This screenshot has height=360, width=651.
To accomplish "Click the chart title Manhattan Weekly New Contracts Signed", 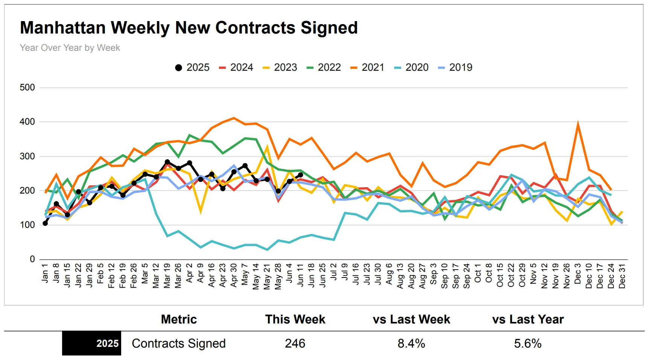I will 189,28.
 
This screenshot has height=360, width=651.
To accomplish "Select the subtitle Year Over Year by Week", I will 70,48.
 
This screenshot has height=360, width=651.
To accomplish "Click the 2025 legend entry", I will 192,67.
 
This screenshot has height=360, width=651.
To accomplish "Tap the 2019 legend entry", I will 455,67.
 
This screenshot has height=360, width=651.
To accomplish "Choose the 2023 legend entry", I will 280,67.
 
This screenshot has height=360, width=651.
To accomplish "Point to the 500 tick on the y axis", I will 27,88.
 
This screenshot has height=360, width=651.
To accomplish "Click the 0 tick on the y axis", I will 32,259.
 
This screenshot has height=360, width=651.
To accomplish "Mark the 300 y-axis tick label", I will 27,156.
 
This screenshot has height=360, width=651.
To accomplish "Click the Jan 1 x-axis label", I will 45,273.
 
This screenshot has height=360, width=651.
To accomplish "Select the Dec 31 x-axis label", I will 622,276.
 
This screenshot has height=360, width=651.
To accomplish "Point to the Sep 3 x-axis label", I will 433,274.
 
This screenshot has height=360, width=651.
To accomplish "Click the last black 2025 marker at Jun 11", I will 300,175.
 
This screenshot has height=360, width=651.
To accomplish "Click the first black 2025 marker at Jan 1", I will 45,223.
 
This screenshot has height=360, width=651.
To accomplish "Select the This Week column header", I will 295,319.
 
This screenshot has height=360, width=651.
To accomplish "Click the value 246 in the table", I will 295,343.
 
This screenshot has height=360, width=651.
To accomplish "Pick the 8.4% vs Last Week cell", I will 411,343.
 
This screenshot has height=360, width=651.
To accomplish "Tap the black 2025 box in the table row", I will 92,343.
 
